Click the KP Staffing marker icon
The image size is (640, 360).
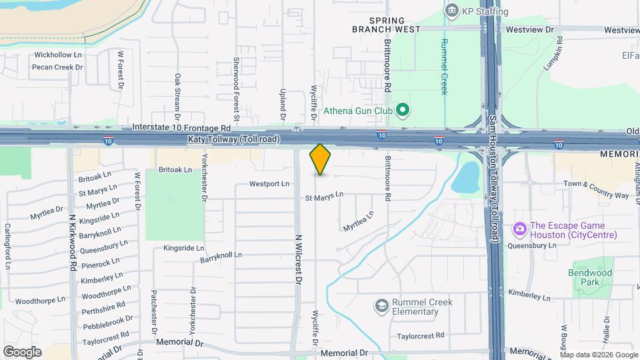(x=452, y=11)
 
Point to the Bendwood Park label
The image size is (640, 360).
(x=590, y=277)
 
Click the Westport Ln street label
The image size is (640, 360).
(x=269, y=183)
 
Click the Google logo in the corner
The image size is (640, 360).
(x=22, y=351)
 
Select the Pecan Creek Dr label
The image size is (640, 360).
(x=57, y=67)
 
